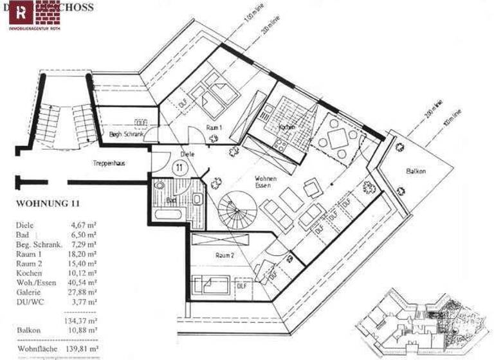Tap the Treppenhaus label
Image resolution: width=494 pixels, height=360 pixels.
(x=108, y=163)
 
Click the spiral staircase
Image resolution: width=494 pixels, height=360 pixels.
(x=236, y=212)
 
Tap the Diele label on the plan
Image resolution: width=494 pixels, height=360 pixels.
(x=188, y=154)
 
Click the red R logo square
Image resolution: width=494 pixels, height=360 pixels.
(x=23, y=11)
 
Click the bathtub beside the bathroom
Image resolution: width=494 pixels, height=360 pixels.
(x=169, y=213)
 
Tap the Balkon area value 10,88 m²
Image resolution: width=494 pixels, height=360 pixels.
(x=84, y=330)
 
